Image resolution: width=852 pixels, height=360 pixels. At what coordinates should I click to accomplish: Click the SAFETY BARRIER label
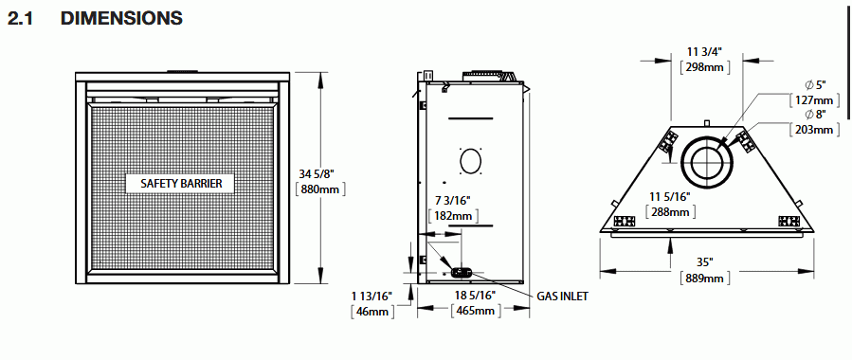pos(181,183)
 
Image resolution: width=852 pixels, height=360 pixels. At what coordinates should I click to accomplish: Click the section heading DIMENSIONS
pos(121,18)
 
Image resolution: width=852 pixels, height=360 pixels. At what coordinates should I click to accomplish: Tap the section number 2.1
pos(21,18)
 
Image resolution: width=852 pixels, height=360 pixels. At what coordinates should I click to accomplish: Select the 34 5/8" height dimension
pos(317,173)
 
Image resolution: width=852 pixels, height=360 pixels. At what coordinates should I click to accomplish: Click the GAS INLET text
pos(562,297)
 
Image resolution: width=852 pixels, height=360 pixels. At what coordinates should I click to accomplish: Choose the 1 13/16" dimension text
pos(372,297)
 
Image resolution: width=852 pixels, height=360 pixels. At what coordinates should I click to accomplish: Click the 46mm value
pos(372,313)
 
